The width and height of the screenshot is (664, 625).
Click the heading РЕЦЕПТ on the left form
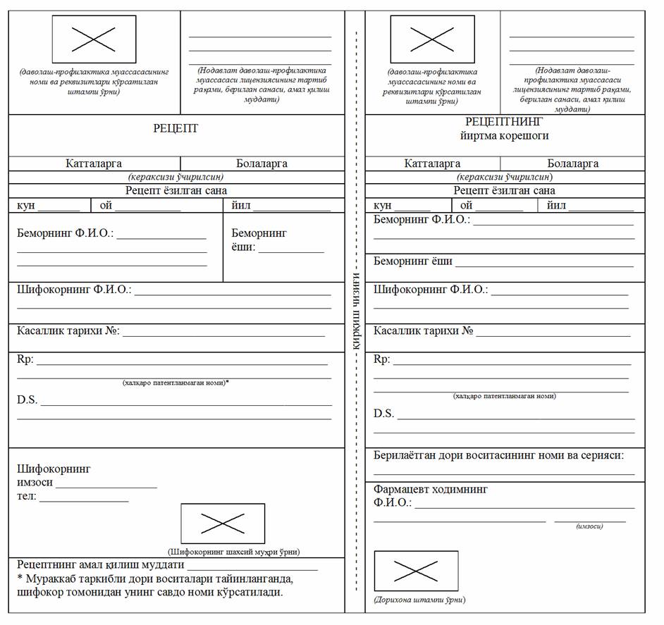pos(176,128)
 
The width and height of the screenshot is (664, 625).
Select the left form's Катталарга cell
pos(94,163)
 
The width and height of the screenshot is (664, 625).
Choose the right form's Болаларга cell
pos(572,163)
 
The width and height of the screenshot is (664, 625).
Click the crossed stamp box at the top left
pos(94,39)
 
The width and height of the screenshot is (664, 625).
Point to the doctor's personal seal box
pos(223,523)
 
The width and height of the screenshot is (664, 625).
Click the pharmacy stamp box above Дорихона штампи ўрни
pos(416,571)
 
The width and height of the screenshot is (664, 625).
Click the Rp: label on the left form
pos(25,359)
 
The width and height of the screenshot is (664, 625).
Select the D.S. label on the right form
pos(383,414)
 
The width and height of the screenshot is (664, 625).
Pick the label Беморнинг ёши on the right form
pos(412,261)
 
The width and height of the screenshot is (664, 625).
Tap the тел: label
pos(27,497)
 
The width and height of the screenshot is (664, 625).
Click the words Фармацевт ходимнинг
pos(430,489)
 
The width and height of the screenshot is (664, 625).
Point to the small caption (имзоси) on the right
pos(589,526)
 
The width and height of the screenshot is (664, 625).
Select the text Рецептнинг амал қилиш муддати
pos(100,564)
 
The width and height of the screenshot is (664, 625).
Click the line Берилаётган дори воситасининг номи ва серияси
pos(498,455)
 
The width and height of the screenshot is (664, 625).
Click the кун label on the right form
pos(382,206)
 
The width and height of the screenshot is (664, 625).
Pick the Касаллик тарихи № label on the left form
pos(68,330)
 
